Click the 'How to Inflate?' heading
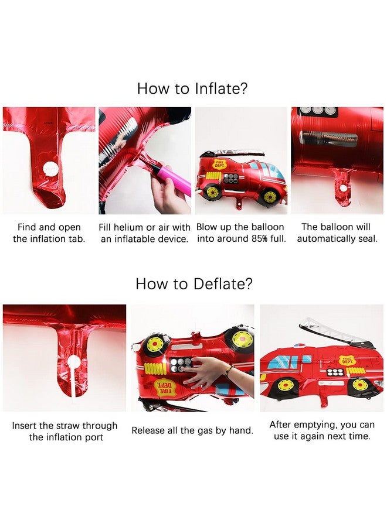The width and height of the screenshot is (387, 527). [x=192, y=88]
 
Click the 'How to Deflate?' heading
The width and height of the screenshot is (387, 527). [x=194, y=283]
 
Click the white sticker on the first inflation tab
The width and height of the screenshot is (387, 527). [x=50, y=168]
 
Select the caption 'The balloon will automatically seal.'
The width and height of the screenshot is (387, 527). [x=337, y=232]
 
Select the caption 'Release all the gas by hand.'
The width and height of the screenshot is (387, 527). [x=192, y=430]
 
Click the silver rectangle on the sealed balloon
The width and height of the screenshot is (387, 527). [x=328, y=138]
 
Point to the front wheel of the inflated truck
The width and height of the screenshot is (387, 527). [x=270, y=197]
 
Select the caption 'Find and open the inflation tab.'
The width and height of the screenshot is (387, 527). [x=49, y=232]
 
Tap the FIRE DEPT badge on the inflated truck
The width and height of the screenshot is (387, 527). [x=219, y=165]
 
